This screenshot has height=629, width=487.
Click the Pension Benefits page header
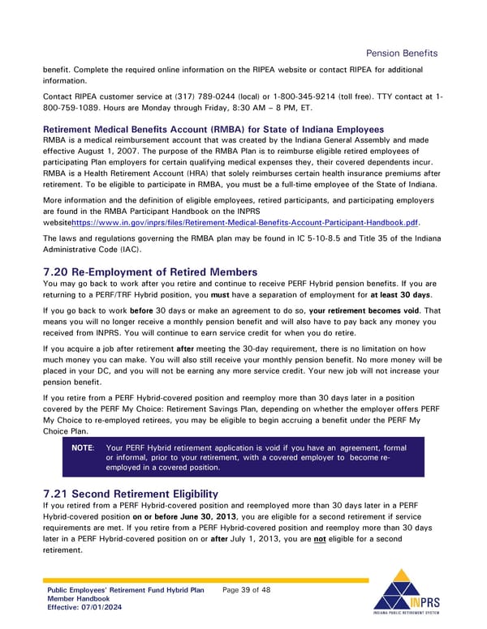(402, 53)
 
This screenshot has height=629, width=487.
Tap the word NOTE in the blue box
(83, 447)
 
